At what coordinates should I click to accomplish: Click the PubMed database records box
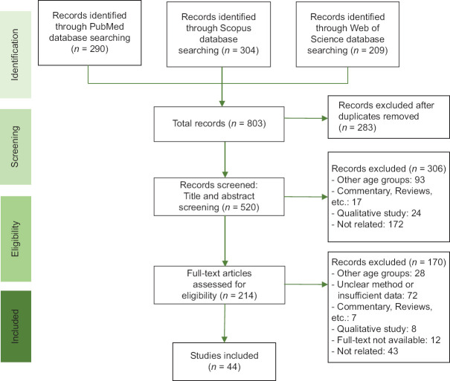tap(90, 33)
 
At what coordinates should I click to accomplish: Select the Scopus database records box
tap(219, 34)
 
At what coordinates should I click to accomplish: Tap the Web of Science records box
tap(347, 34)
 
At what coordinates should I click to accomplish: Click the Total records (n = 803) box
tap(219, 124)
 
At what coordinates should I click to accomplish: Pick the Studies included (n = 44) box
tap(224, 362)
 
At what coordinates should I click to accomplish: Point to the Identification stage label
tap(16, 55)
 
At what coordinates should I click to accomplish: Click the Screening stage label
tap(16, 146)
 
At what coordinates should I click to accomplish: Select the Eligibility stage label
tap(16, 238)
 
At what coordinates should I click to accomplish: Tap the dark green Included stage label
tap(16, 326)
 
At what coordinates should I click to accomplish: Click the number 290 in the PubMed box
tap(97, 49)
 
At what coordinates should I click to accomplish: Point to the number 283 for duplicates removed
tap(364, 128)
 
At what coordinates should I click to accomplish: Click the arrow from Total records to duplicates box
tap(306, 118)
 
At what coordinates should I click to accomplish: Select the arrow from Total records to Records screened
tap(225, 160)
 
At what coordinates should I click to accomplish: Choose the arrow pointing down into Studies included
tap(225, 323)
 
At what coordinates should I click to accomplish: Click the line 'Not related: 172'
tap(367, 224)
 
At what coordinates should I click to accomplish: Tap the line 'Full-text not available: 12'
tap(386, 340)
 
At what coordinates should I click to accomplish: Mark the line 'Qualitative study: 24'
tap(376, 213)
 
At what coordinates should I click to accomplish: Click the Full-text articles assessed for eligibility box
tap(219, 284)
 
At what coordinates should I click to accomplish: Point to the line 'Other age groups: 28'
tap(379, 273)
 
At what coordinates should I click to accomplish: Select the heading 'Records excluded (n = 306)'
tap(389, 169)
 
